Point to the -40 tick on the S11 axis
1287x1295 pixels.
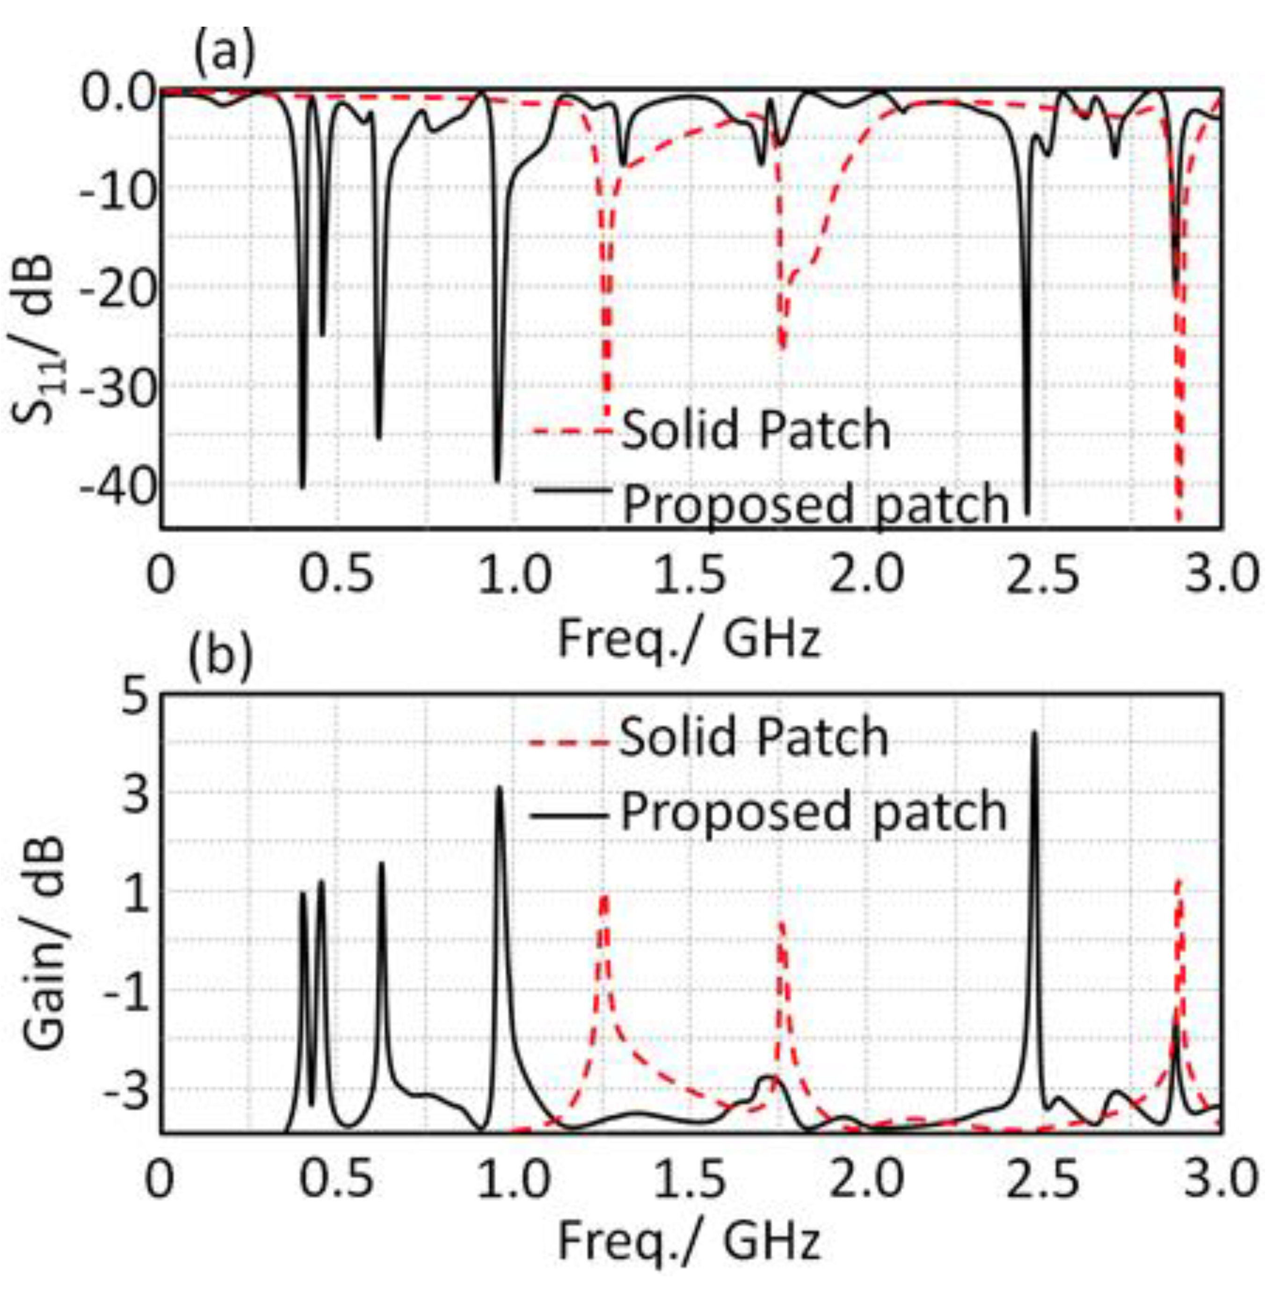tap(117, 485)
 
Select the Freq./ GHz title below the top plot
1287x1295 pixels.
tap(689, 638)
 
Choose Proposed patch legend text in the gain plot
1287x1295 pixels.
tap(813, 812)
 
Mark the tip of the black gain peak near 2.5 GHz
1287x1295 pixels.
tap(1034, 733)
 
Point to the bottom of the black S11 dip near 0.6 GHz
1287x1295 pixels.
tap(379, 438)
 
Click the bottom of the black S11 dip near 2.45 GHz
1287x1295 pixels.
tap(1028, 513)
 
